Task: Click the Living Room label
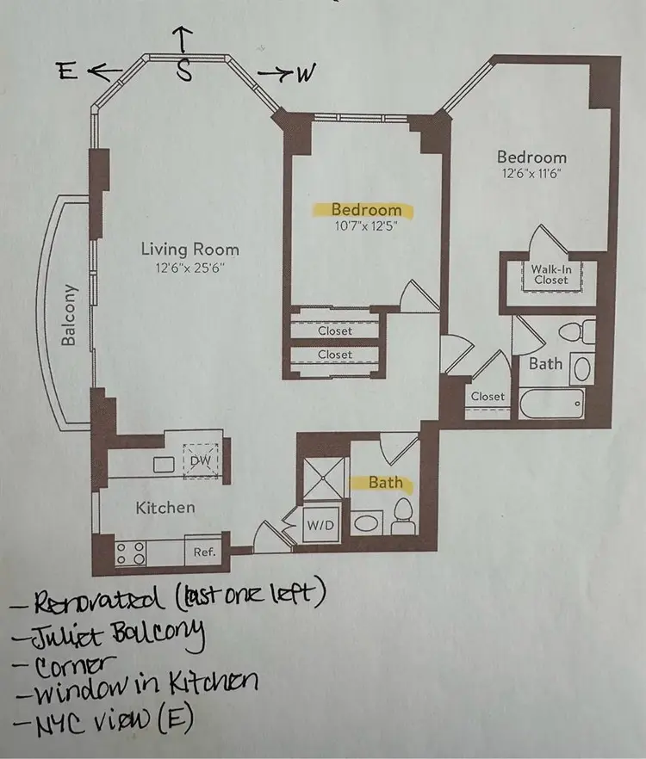190,250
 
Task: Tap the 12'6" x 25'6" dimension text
190,267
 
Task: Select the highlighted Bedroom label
366,209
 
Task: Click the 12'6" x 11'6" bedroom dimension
531,173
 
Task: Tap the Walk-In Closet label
550,274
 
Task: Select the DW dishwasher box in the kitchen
200,460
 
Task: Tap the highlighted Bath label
385,483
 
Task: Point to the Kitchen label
165,508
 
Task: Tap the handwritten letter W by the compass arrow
303,75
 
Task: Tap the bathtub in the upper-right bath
551,403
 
